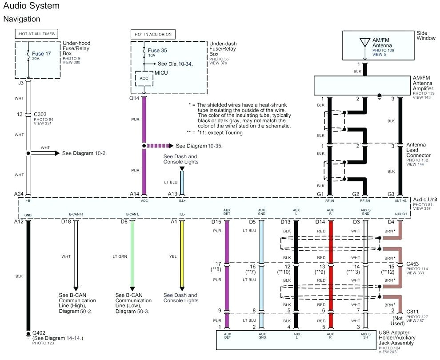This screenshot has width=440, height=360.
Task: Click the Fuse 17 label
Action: pyautogui.click(x=41, y=54)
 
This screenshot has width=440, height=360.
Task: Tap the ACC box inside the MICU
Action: pyautogui.click(x=144, y=78)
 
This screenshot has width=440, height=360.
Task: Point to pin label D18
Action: pyautogui.click(x=66, y=221)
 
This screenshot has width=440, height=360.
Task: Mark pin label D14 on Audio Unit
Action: pyautogui.click(x=320, y=221)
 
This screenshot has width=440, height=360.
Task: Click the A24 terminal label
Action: pyautogui.click(x=19, y=194)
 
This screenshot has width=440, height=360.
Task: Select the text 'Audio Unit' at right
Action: pyautogui.click(x=425, y=200)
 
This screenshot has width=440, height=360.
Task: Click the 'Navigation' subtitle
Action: pyautogui.click(x=21, y=19)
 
